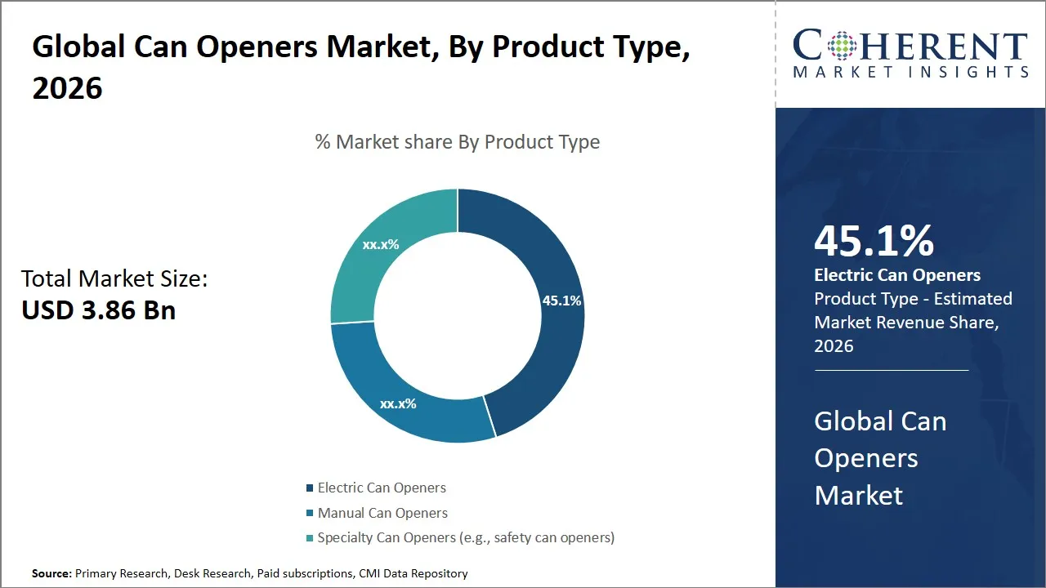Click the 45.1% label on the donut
(x=561, y=301)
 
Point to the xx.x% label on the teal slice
(x=381, y=243)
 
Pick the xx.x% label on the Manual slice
(x=398, y=403)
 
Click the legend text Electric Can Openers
(x=382, y=488)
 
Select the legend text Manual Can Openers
(x=382, y=513)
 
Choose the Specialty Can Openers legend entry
(x=466, y=537)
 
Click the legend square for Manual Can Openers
(x=310, y=514)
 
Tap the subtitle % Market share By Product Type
(x=458, y=141)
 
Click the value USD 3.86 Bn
(x=98, y=310)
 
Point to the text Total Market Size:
(x=114, y=278)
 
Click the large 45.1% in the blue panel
(x=874, y=241)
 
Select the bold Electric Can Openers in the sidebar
(x=897, y=275)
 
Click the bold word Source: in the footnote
(x=51, y=573)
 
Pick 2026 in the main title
(x=67, y=87)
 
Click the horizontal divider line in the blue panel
(x=891, y=370)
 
